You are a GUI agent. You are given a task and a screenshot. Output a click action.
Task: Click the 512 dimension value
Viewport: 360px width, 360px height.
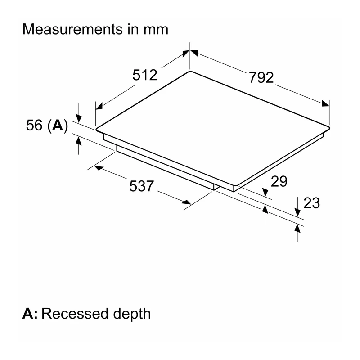click(145, 75)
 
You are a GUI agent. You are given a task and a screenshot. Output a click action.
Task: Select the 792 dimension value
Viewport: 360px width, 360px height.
click(261, 77)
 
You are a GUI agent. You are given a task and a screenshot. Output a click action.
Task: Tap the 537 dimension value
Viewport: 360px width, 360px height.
click(141, 186)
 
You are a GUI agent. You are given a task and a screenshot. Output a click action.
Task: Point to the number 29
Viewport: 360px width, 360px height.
click(279, 181)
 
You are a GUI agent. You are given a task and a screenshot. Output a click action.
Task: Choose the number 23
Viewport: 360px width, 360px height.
click(311, 203)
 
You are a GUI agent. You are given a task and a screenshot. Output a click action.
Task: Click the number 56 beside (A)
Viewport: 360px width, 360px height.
click(34, 125)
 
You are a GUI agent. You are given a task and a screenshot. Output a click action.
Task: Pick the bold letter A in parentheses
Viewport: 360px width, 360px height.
click(58, 125)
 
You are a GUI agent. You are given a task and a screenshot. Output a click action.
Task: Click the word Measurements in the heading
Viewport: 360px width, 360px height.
click(73, 29)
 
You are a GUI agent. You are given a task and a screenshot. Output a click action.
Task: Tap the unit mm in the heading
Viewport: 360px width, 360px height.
click(156, 30)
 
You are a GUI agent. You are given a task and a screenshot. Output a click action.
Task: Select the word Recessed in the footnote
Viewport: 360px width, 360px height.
click(75, 314)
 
